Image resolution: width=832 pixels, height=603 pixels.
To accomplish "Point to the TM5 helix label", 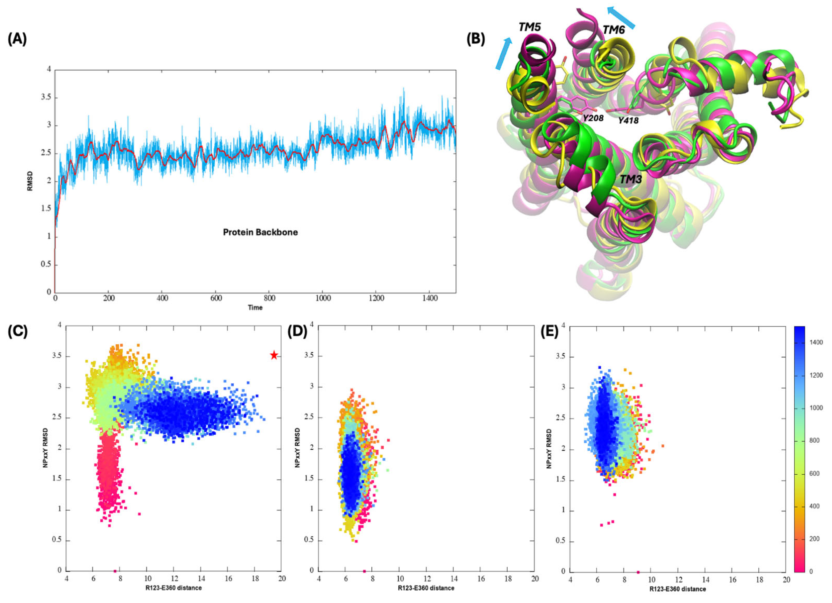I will tap(530, 27).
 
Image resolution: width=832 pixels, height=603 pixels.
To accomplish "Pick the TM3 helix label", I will tap(630, 179).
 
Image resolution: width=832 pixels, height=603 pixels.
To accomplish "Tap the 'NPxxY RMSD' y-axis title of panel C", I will tap(45, 448).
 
